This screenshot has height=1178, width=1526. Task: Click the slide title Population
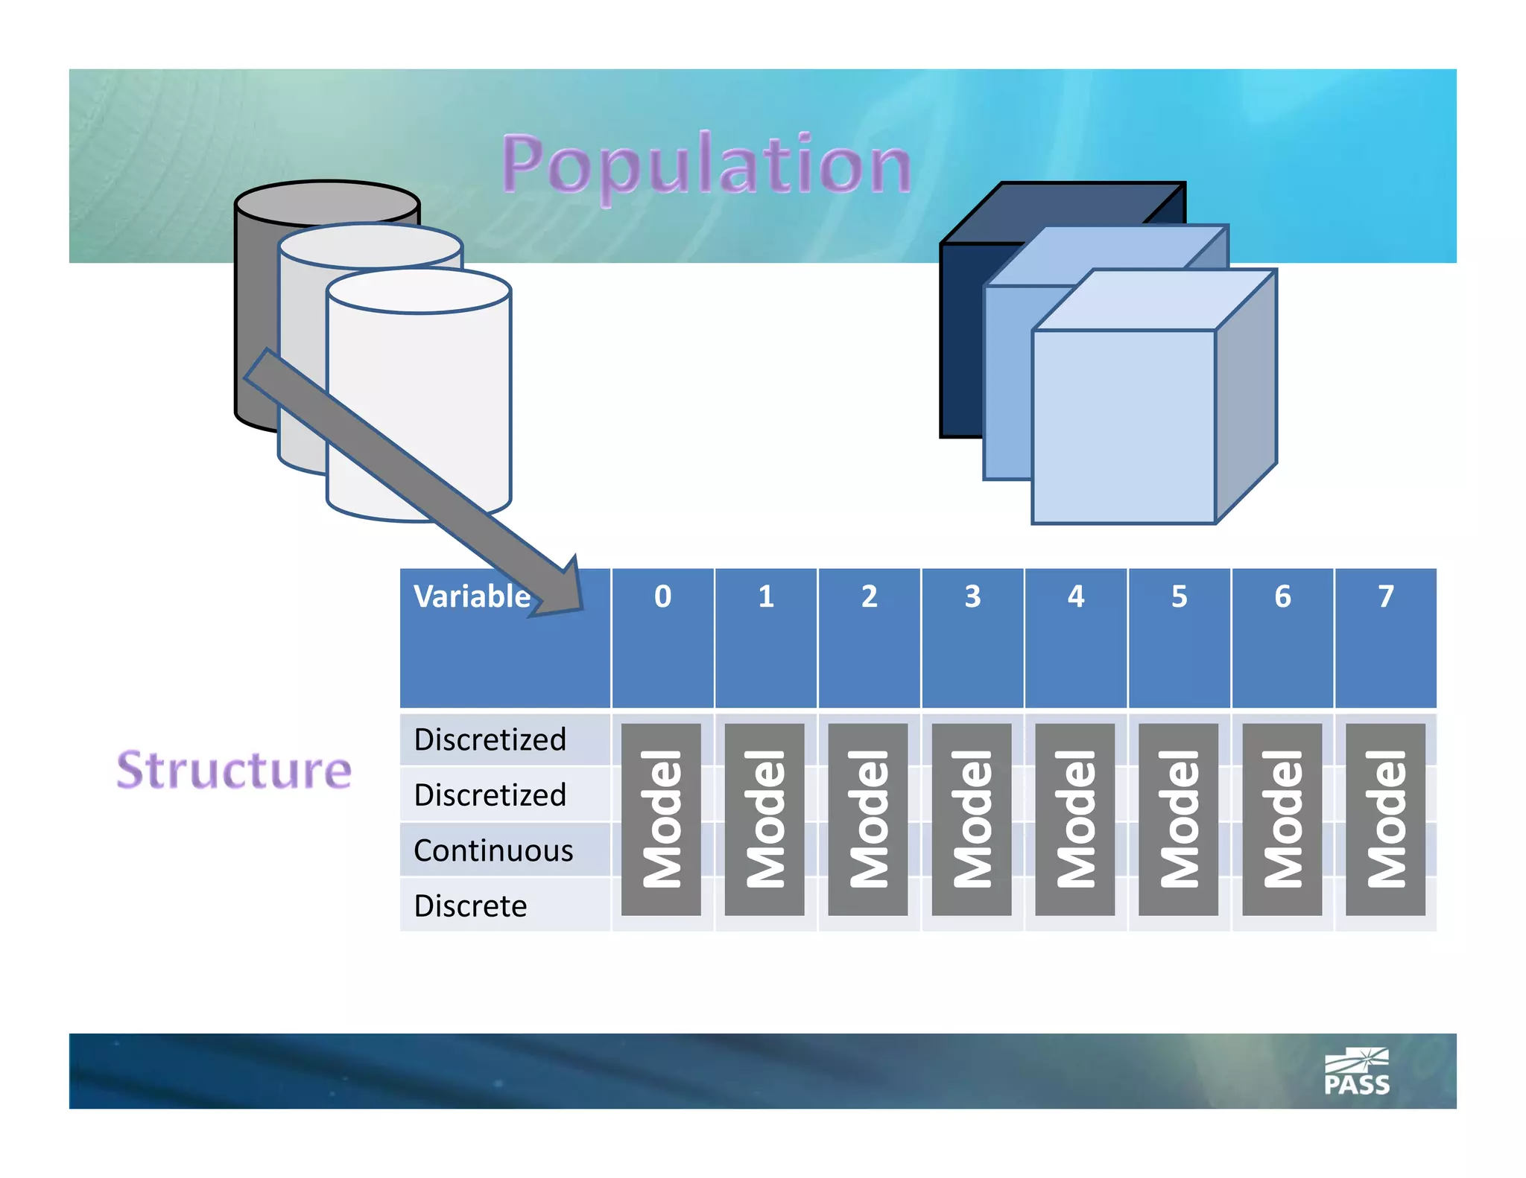point(706,164)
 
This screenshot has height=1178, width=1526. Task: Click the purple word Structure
point(234,770)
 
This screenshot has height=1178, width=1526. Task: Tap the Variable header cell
point(472,596)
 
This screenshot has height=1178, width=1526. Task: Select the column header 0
point(662,596)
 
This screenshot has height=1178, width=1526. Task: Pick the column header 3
point(972,596)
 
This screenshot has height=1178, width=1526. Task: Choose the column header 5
point(1179,596)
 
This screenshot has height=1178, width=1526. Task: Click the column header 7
point(1385,596)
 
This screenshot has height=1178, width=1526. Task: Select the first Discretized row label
point(490,739)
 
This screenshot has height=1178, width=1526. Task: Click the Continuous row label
point(493,850)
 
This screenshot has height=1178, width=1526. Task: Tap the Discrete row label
point(470,906)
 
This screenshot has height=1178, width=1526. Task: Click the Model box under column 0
point(661,819)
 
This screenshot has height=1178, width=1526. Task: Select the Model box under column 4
point(1074,819)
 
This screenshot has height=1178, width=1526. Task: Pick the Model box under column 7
point(1385,819)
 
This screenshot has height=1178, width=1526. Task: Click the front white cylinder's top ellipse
point(419,291)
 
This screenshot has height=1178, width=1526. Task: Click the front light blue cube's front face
point(1123,427)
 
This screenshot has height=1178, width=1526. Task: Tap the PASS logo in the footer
point(1357,1073)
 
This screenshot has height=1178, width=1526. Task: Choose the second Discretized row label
point(490,795)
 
